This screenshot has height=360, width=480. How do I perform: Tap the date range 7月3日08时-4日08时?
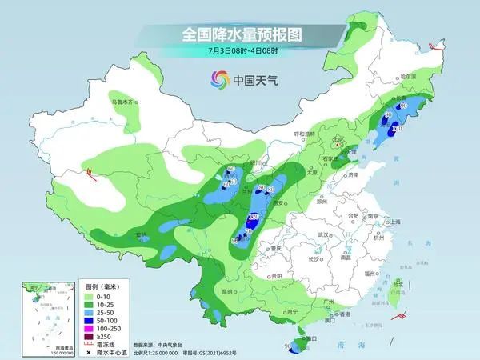click(239, 51)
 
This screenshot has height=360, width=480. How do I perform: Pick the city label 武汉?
click(323, 234)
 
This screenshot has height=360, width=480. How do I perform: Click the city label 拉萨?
click(142, 234)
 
